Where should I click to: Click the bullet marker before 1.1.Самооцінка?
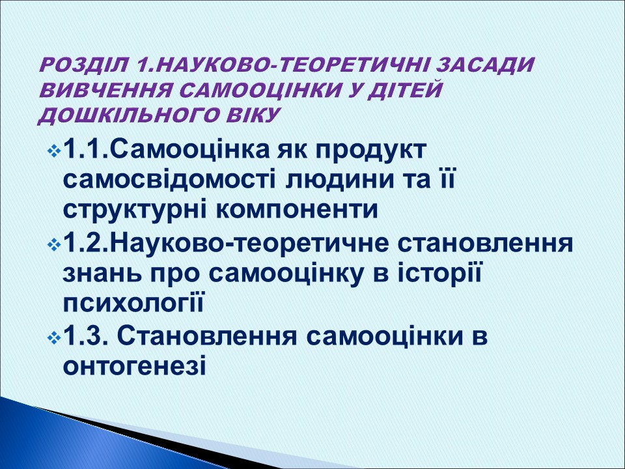53,151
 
